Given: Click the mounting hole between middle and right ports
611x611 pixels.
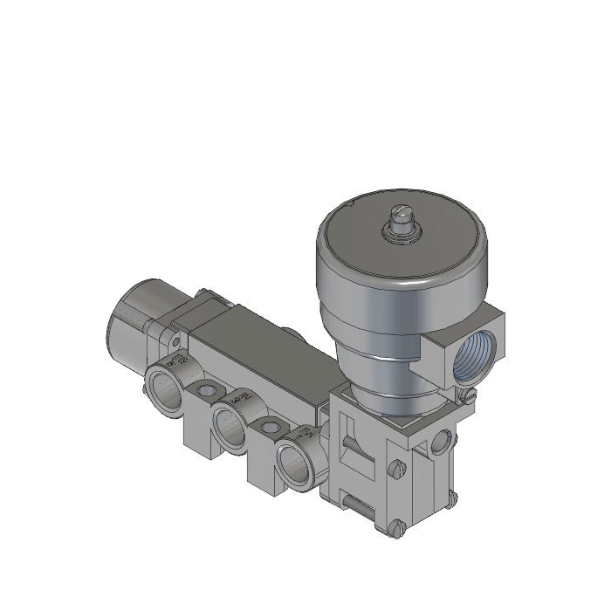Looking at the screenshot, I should point(270,428).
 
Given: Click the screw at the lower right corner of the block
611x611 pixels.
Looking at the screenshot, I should point(451,498).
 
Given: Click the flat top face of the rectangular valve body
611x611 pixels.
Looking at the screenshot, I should point(253,332).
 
